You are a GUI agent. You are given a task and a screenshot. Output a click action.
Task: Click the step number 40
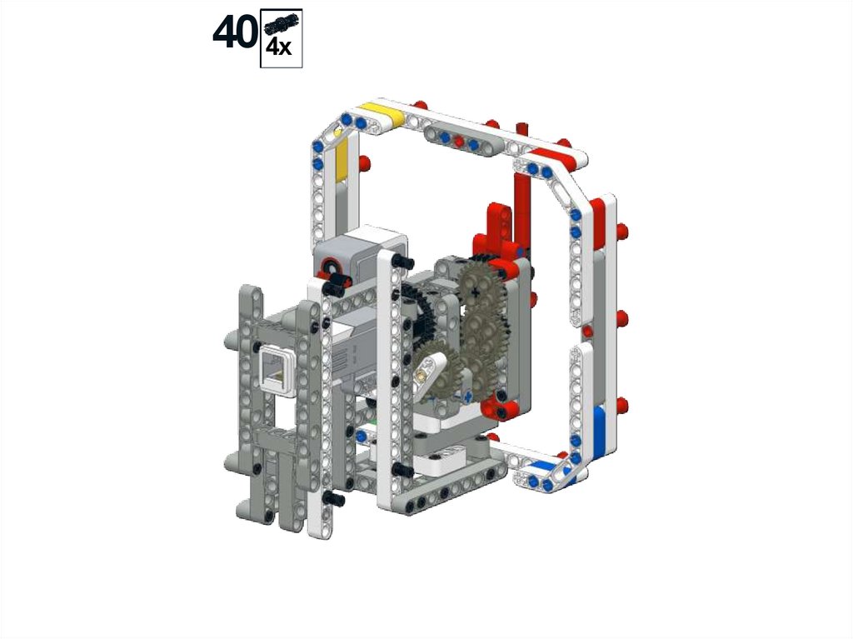235,32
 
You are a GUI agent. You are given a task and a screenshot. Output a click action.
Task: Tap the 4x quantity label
278,47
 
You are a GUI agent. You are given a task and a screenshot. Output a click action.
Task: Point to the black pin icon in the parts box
282,23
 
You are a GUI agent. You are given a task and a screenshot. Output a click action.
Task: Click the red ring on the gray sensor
330,267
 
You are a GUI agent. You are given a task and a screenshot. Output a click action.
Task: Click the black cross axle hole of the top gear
476,292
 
